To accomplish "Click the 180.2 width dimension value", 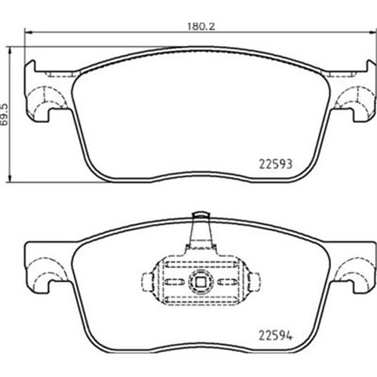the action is (x=201, y=26).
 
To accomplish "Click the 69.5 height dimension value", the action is (x=5, y=115).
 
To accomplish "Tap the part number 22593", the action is (x=276, y=164).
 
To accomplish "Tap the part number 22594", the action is (x=276, y=336).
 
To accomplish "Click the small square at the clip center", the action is (x=201, y=282).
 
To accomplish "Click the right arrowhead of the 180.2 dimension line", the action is (x=372, y=32).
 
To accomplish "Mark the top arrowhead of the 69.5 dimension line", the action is (x=10, y=51).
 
